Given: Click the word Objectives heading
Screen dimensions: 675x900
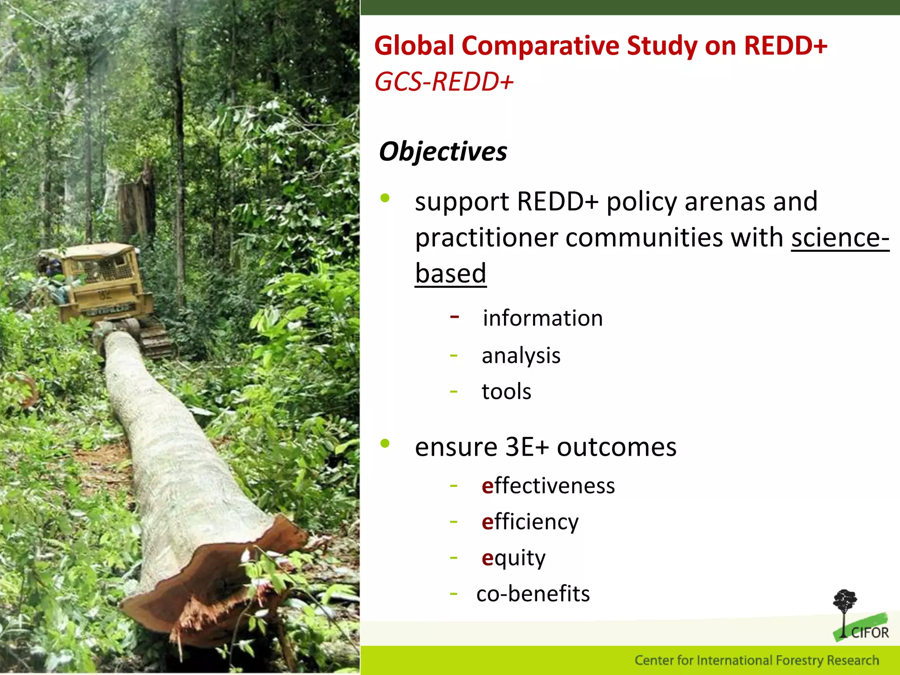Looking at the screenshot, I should pos(443,152).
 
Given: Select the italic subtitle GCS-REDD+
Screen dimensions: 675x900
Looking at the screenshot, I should pos(444,82).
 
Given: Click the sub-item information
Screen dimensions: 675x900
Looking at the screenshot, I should pos(543,318).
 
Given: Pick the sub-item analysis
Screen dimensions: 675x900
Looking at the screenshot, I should pos(521,356).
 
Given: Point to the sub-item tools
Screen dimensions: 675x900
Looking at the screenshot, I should pos(506,392).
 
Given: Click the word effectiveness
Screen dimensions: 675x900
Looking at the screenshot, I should pos(548,486).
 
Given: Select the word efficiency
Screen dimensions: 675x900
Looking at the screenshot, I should pos(530,522).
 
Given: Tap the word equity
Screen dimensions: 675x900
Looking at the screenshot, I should pos(513,558).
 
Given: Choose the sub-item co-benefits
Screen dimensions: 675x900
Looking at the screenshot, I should pos(533,594).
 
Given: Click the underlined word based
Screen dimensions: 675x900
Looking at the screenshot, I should pos(450,274).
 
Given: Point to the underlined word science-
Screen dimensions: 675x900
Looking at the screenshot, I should pos(840,238).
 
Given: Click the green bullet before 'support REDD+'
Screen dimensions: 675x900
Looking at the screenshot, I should pos(385,198).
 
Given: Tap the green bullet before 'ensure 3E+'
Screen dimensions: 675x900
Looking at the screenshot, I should pos(385,443).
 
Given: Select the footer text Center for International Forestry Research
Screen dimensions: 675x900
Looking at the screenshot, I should pos(756,660).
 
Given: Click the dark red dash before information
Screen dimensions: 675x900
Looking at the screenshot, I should pos(455,316).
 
